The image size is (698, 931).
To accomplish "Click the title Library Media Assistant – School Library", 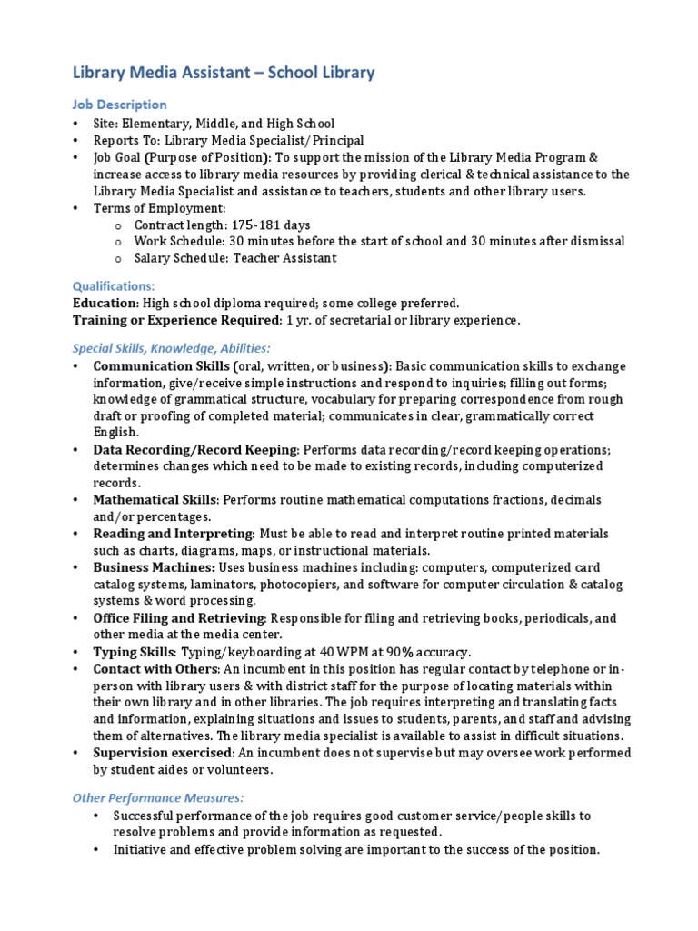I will pos(224,73).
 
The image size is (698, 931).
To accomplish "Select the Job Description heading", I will pos(119,105).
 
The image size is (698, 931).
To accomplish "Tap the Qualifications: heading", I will pos(114,285).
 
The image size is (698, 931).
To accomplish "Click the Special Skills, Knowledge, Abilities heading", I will pos(171,348).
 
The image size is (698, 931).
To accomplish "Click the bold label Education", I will pos(105,303).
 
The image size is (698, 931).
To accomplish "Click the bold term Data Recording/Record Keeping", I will pos(194,449).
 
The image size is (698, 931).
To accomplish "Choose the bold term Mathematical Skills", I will pos(155,500).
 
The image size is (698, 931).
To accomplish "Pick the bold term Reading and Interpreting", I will pos(172,534).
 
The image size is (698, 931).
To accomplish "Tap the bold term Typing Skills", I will pos(134,652).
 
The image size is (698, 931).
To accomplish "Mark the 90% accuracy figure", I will pos(397,652).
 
